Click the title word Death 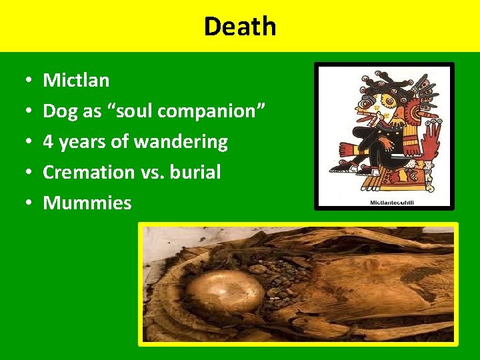239,27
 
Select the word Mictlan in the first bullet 76,81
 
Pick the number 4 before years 48,142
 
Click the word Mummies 87,203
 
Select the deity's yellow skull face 377,107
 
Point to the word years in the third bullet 95,142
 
